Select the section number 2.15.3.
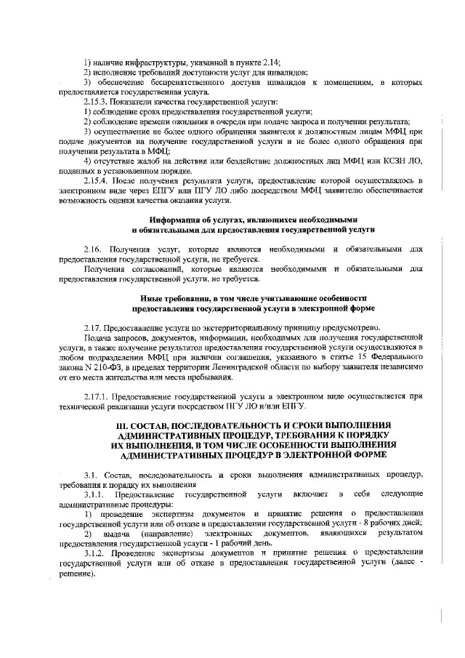(97, 102)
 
